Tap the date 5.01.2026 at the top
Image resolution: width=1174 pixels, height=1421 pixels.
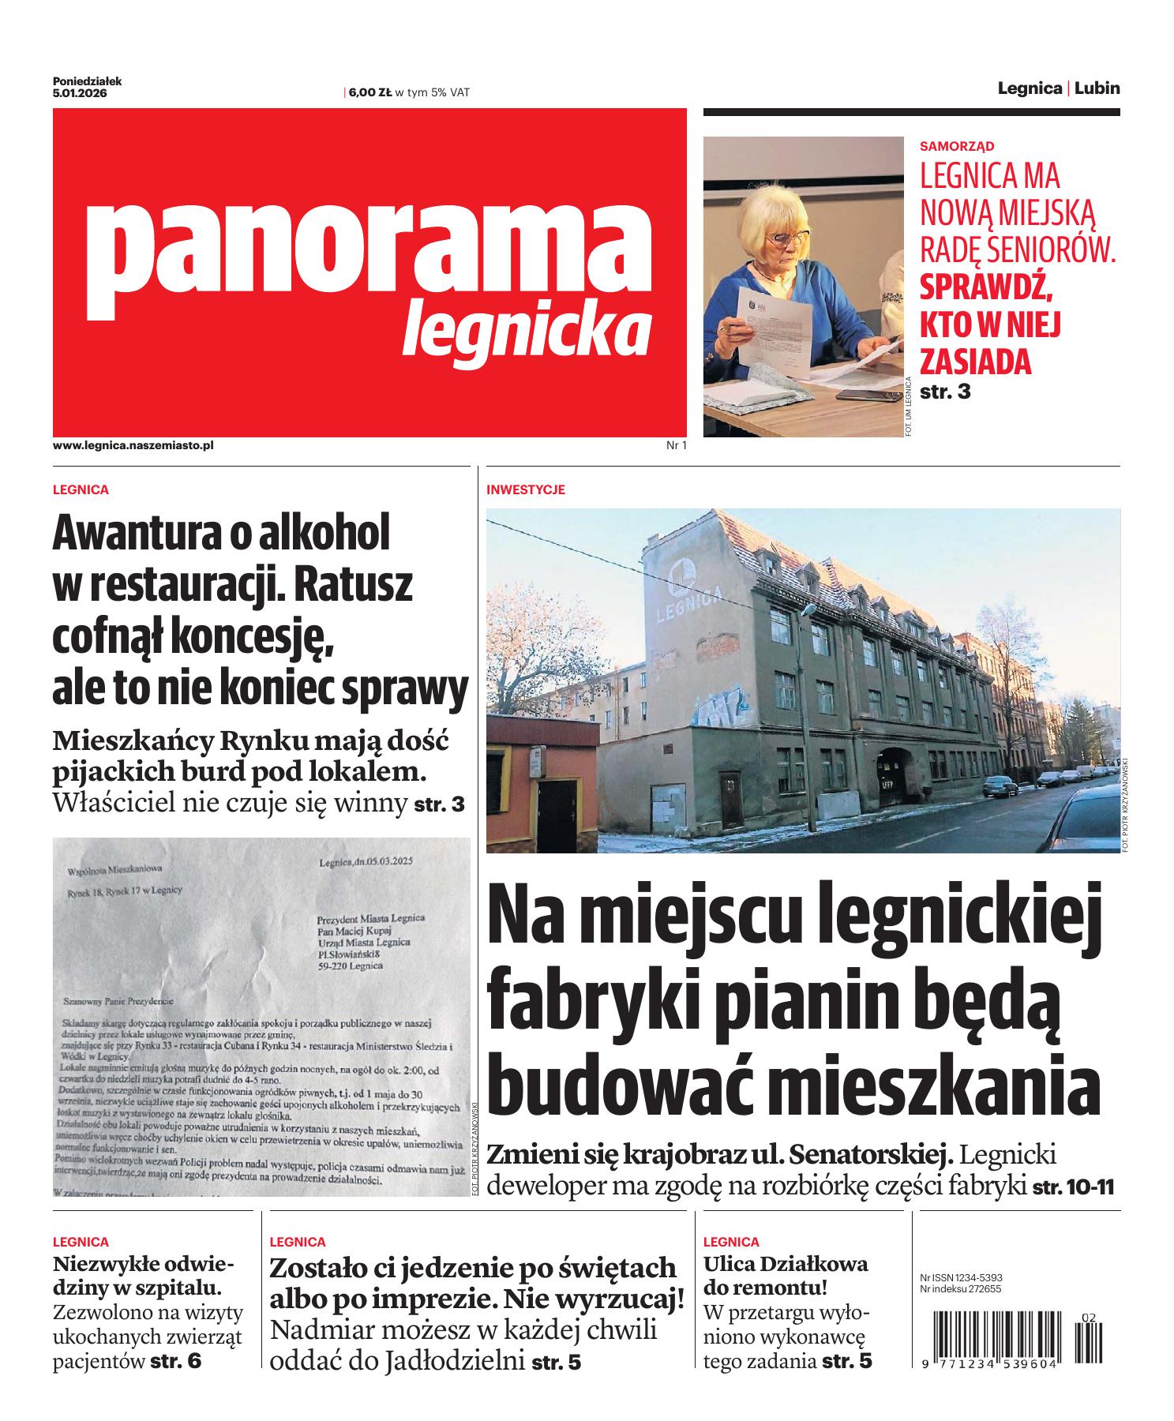80,93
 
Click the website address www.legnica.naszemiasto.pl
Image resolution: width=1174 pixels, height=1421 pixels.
133,446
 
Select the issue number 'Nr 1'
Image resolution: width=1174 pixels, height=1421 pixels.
677,446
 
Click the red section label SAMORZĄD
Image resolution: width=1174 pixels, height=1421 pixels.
957,146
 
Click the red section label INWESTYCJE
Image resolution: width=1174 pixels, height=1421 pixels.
526,490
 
